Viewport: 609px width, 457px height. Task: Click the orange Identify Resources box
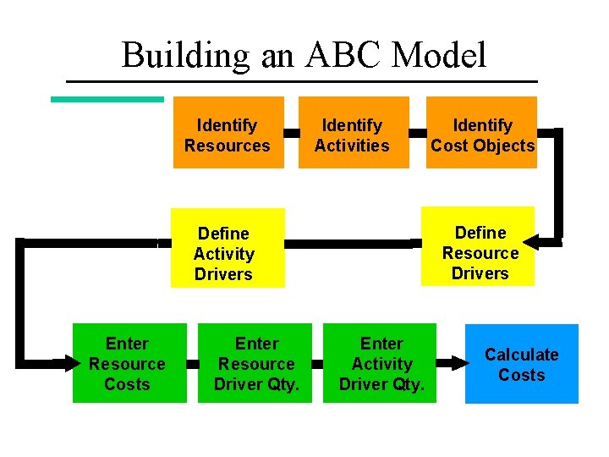(x=228, y=133)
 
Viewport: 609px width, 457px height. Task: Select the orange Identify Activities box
(x=353, y=133)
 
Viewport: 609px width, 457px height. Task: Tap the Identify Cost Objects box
(x=482, y=133)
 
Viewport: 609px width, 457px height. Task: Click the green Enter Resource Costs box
(x=129, y=363)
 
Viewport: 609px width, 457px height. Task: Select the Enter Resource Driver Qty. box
(x=256, y=363)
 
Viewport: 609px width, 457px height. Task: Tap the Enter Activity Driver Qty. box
(x=381, y=363)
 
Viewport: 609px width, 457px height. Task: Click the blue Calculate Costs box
(x=521, y=364)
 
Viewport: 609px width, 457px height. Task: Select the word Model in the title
(x=440, y=56)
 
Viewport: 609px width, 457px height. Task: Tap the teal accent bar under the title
(x=107, y=99)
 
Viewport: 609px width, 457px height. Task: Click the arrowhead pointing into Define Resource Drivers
(x=546, y=241)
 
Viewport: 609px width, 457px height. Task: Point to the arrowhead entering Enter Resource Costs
(x=63, y=363)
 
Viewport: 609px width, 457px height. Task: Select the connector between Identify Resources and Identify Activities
(x=291, y=133)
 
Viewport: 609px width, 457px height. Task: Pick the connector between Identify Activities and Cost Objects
(x=417, y=133)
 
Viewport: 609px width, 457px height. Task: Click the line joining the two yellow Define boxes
(x=353, y=243)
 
